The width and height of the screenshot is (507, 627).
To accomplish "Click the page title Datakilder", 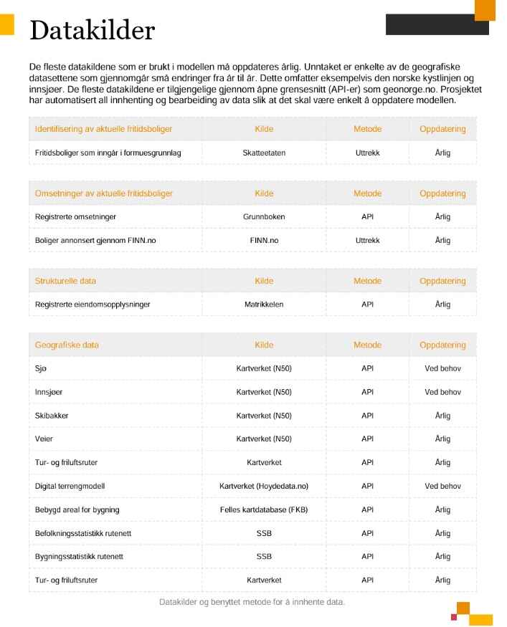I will pos(92,30).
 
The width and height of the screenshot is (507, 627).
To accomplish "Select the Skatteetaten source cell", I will pos(264,153).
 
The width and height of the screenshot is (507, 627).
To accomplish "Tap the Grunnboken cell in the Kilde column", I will pos(264,216).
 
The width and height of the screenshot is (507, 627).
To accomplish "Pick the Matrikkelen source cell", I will pos(264,305).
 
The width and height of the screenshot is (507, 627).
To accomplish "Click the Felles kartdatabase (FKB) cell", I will pos(264,509).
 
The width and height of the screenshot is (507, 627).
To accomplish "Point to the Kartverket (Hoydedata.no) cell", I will pos(264,486).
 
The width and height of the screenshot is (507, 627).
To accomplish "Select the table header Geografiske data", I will pos(67,345).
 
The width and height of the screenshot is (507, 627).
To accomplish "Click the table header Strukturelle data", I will pos(65,281).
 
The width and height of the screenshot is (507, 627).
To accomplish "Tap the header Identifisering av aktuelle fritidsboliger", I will pos(103,129).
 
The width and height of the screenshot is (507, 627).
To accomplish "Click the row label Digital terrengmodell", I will pos(70,486).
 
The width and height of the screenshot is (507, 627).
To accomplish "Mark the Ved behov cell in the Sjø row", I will pos(442,368).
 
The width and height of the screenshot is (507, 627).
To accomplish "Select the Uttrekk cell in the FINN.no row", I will pos(367,240).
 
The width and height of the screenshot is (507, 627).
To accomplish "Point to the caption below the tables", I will pos(252,602).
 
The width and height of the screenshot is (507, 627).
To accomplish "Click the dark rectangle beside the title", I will pos(437,24).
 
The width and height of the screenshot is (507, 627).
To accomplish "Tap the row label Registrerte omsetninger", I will pos(75,216).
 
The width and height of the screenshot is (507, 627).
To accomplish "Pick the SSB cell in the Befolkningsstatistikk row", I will pos(264,533).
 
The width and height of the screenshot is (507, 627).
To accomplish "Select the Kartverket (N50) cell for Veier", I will pos(264,439).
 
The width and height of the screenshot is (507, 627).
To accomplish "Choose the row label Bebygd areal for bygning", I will pos(77,509).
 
